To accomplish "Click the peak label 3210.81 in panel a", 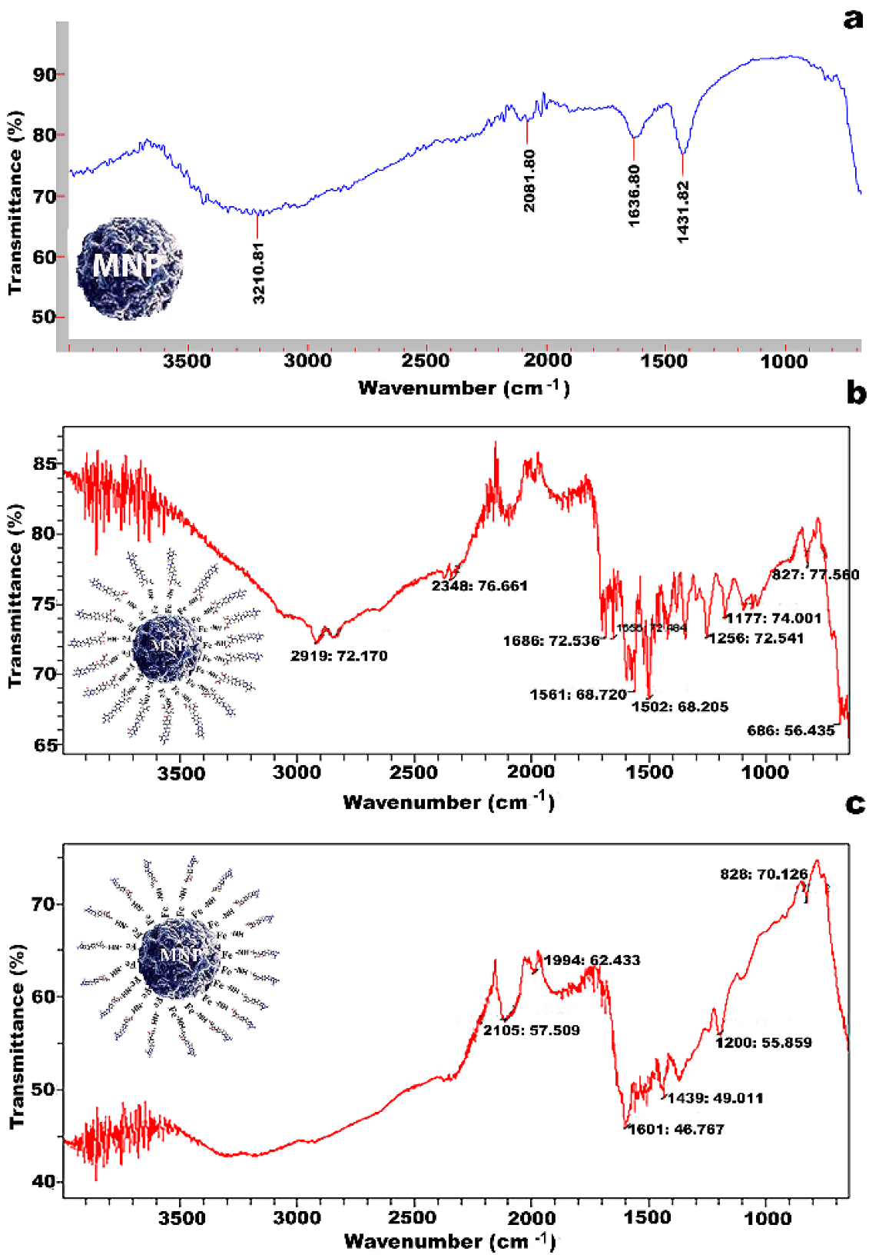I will click(x=258, y=273).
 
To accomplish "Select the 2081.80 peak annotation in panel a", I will click(x=529, y=181).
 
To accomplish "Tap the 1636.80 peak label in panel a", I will click(x=634, y=195).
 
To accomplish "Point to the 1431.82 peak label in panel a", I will click(x=683, y=211).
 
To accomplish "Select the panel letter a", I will click(x=853, y=18).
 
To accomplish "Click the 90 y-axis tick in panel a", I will click(x=45, y=75).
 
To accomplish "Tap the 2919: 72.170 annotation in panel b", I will click(x=339, y=656).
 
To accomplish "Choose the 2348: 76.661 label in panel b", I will click(x=479, y=586).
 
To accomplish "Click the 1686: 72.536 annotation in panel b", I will click(x=551, y=641).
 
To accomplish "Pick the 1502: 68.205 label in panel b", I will click(x=680, y=707).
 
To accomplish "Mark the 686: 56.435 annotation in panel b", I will click(x=791, y=731).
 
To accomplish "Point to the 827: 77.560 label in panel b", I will click(x=815, y=574).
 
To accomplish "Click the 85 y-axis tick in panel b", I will click(x=45, y=464).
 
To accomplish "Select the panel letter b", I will click(x=855, y=393).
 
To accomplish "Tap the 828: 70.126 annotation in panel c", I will click(x=764, y=874).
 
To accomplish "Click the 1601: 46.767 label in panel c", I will click(x=676, y=1130).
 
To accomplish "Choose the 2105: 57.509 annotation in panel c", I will click(x=532, y=1030).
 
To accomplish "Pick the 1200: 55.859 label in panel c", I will click(x=764, y=1043).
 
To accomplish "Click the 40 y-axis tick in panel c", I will click(x=43, y=1181).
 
